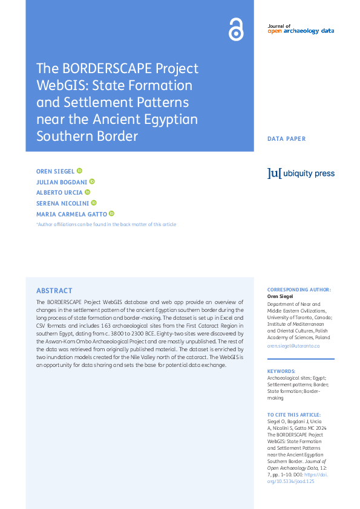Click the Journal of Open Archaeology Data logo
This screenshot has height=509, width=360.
coord(301,29)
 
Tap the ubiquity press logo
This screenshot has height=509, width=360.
coord(301,173)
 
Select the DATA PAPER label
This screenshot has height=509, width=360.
coord(287,139)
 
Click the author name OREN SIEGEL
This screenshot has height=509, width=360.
coord(55,172)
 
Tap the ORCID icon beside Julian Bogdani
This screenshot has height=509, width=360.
coord(92,182)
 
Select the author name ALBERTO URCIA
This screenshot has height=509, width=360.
coord(59,193)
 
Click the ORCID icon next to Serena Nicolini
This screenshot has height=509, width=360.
coord(94,203)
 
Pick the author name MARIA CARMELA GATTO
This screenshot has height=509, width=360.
coord(71,214)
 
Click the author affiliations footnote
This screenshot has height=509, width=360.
coord(106,225)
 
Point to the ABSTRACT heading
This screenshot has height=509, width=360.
coord(54,291)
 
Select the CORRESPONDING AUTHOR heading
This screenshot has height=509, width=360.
coord(299,290)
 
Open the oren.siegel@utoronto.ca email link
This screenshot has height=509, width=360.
coord(293,346)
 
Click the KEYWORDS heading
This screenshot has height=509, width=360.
coord(281,371)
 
